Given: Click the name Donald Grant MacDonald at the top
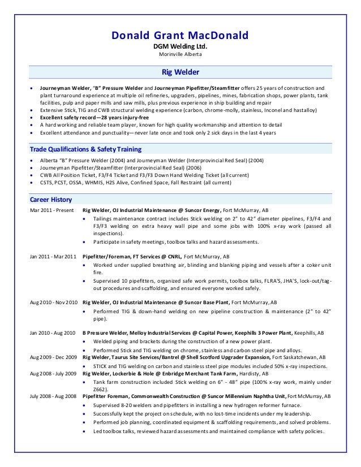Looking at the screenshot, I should pyautogui.click(x=180, y=37).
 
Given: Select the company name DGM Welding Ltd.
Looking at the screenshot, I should pyautogui.click(x=180, y=47).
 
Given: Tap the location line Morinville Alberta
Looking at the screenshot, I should pyautogui.click(x=180, y=55).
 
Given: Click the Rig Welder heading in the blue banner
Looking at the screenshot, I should pyautogui.click(x=180, y=72).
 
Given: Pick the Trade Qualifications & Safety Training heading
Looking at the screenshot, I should pyautogui.click(x=85, y=149).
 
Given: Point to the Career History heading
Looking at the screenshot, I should pyautogui.click(x=51, y=200).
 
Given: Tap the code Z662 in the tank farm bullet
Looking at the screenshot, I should pyautogui.click(x=100, y=390).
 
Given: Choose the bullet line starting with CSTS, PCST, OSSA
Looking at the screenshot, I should pyautogui.click(x=136, y=183).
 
